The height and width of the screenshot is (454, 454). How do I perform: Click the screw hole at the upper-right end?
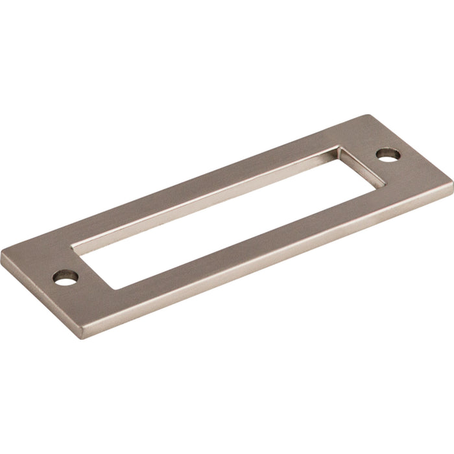click(x=389, y=154)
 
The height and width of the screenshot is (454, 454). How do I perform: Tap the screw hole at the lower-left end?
click(x=65, y=278)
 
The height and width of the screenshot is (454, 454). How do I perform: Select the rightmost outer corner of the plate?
click(x=452, y=184)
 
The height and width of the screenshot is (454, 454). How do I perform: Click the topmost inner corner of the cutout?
click(x=339, y=147)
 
